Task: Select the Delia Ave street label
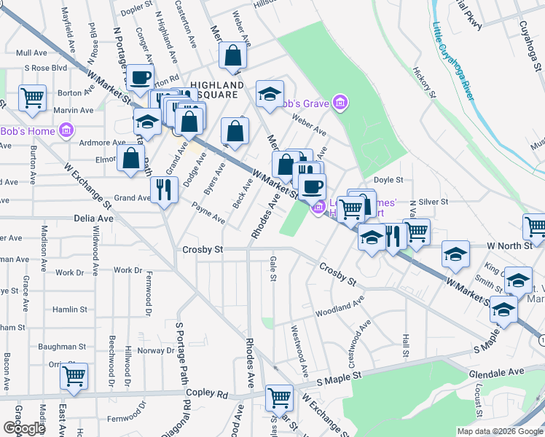pyautogui.click(x=94, y=218)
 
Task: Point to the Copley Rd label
pyautogui.click(x=207, y=393)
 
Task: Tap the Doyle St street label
pyautogui.click(x=388, y=179)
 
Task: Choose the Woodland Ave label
pyautogui.click(x=339, y=307)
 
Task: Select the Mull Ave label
pyautogui.click(x=31, y=53)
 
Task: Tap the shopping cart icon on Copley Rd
pyautogui.click(x=279, y=397)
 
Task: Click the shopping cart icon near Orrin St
pyautogui.click(x=74, y=376)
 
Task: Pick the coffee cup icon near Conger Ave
pyautogui.click(x=141, y=76)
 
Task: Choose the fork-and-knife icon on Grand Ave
pyautogui.click(x=164, y=189)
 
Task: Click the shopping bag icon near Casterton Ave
pyautogui.click(x=232, y=55)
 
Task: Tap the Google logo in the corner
pyautogui.click(x=24, y=428)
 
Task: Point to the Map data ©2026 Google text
pyautogui.click(x=499, y=431)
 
